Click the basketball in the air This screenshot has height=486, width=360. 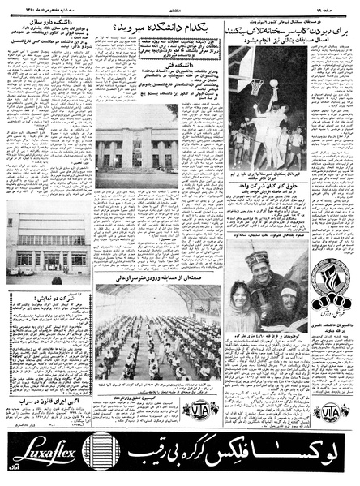point(274,82)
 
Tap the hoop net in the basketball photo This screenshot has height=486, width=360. point(257,84)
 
